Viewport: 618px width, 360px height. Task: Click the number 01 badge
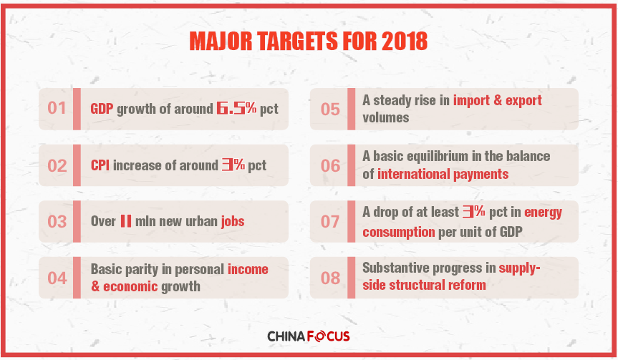pos(57,108)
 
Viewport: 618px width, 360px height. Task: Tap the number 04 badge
pos(57,278)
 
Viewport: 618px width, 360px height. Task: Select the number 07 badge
pos(330,222)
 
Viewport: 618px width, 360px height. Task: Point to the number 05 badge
pos(330,110)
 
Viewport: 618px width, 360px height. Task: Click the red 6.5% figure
pos(236,108)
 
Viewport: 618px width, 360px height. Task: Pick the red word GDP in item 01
pos(102,109)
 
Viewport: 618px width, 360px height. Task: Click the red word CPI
pos(100,165)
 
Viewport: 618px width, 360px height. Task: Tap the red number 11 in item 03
pos(126,221)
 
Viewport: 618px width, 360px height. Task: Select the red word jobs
pos(233,222)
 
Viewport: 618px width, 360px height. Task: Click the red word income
pos(248,269)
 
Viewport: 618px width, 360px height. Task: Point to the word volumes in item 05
pos(386,118)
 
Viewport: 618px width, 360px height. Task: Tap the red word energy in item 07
pos(543,213)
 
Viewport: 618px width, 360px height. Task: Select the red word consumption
pos(399,232)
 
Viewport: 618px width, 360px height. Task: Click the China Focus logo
pos(309,336)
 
